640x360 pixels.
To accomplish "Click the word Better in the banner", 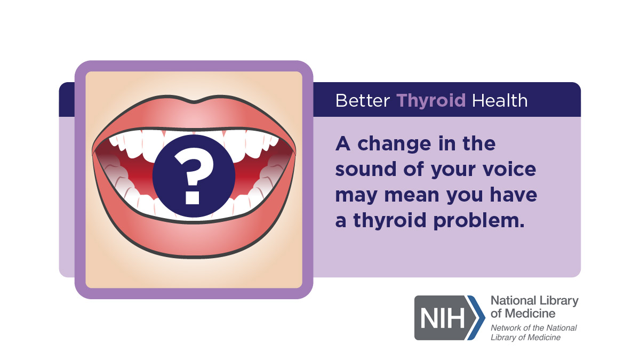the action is coord(362,101).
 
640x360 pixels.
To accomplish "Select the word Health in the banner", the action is coord(499,101).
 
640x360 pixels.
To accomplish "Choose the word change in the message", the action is coord(394,145).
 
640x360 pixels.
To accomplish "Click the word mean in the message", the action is coord(412,195).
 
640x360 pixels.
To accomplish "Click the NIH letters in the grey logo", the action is coord(442,318).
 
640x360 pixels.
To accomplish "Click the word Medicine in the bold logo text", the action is coord(530,314).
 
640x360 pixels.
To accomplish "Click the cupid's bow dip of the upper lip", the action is coord(194,102).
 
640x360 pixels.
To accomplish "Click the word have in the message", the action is coord(514,195).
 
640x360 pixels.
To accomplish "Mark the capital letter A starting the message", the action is coord(343,143).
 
